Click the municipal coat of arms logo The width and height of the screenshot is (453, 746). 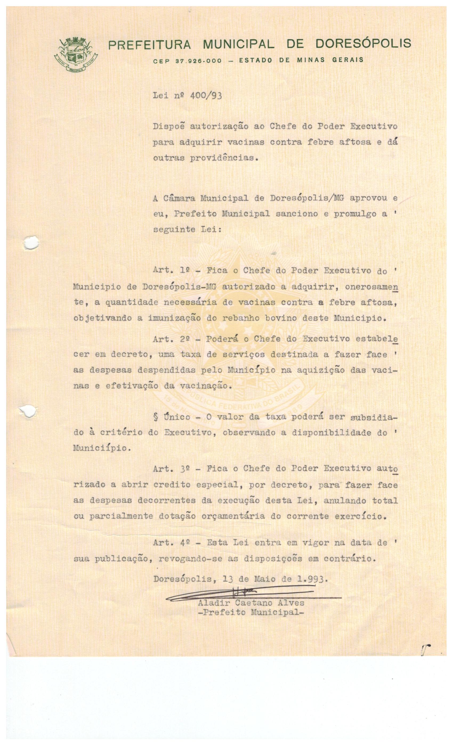click(x=75, y=54)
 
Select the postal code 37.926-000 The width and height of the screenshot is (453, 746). click(x=198, y=60)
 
